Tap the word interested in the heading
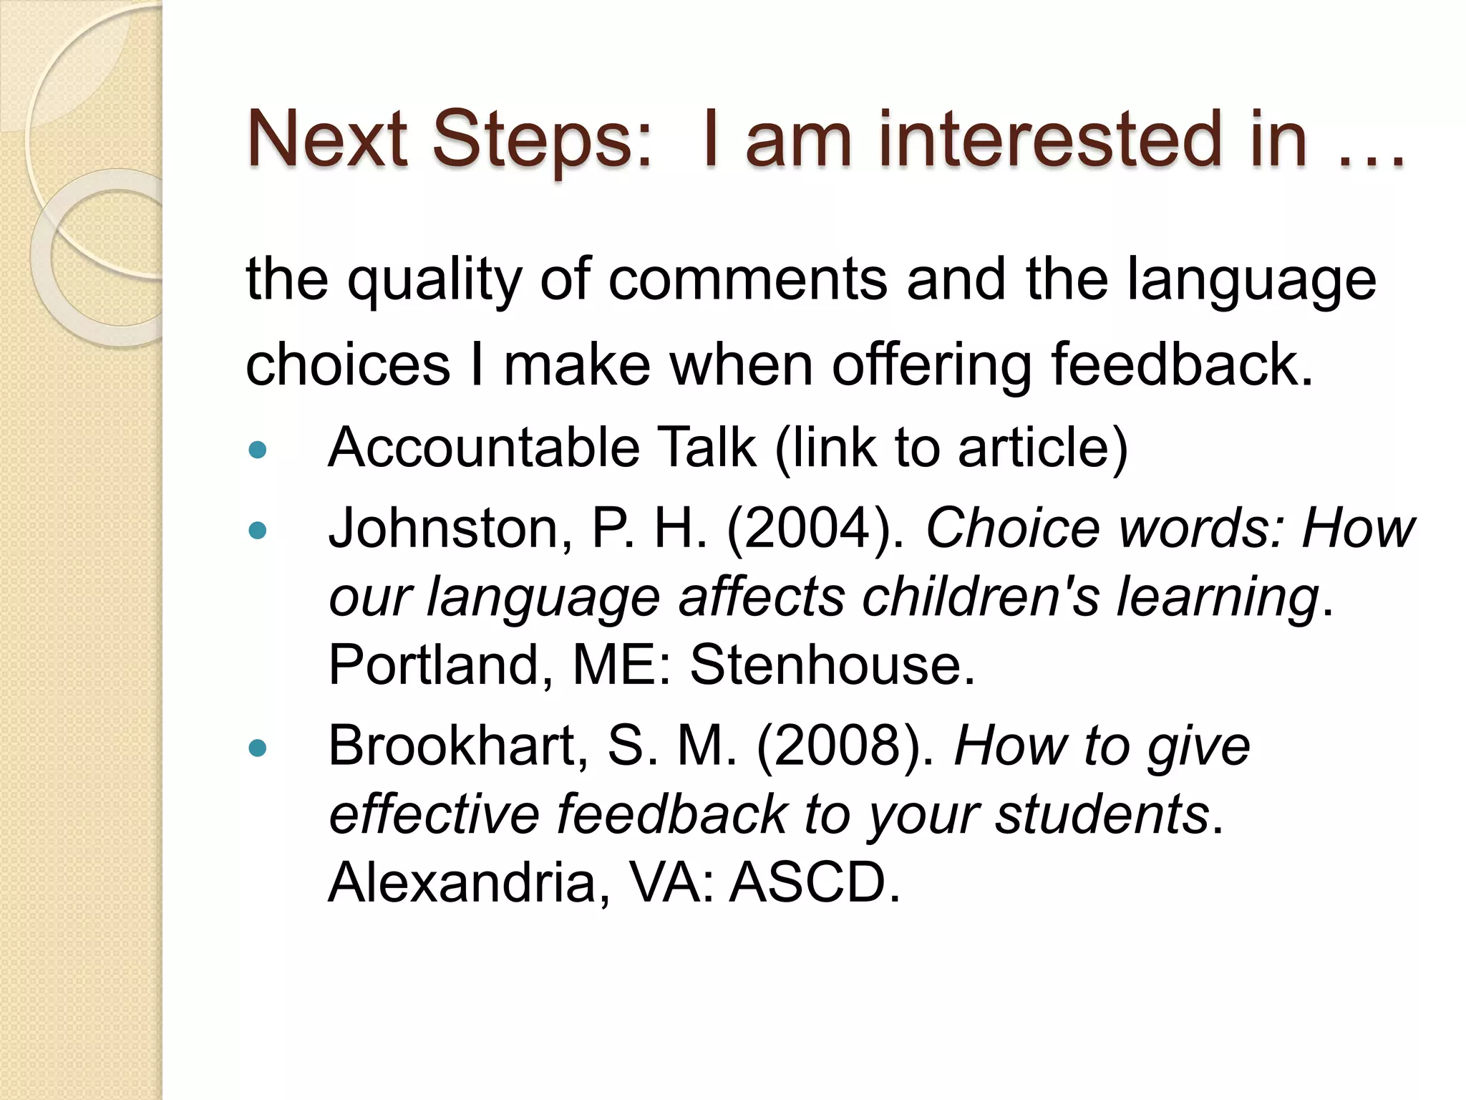pos(1049,139)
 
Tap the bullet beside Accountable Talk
pos(257,450)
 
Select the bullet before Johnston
pos(257,531)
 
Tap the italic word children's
pos(980,597)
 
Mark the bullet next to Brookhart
pos(257,748)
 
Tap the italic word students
pos(1102,814)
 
